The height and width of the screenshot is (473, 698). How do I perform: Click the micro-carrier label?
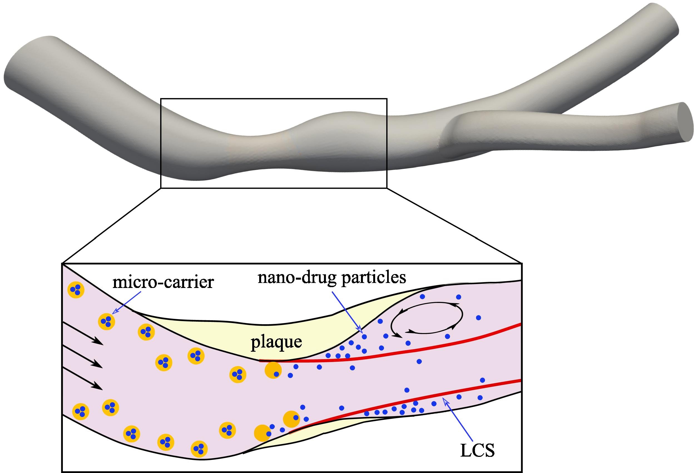tap(163, 283)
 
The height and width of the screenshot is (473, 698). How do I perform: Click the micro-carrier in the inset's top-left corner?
tap(76, 290)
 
